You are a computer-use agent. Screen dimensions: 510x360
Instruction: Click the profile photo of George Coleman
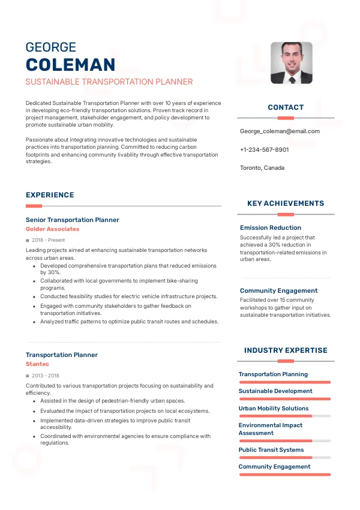(291, 62)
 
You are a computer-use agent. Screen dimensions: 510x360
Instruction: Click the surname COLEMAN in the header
(70, 65)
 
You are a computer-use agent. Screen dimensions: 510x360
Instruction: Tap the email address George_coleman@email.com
(280, 131)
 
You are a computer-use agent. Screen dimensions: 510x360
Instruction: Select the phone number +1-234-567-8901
(264, 149)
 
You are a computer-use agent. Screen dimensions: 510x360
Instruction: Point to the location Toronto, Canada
(262, 167)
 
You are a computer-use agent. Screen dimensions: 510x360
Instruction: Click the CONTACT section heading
(286, 107)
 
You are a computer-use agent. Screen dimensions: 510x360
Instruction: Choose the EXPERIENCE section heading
(50, 195)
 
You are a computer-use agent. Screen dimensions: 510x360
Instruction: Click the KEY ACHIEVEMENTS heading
(286, 203)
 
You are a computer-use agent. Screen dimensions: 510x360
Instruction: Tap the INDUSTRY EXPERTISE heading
(286, 350)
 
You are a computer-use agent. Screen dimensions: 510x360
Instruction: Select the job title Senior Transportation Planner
(72, 220)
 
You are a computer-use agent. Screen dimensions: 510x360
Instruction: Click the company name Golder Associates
(52, 229)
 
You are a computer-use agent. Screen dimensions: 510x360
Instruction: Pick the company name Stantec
(37, 364)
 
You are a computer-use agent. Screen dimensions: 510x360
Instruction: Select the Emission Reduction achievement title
(270, 228)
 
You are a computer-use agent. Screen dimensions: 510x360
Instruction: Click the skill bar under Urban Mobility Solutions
(284, 416)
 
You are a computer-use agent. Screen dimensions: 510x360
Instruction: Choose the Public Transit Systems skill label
(271, 450)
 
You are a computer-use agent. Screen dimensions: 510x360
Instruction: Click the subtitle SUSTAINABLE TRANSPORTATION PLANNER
(109, 82)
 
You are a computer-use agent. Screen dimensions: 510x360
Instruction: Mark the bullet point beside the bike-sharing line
(34, 281)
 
